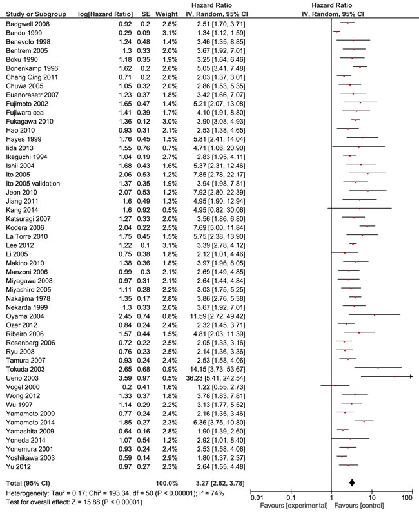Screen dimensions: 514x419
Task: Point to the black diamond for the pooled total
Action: click(x=352, y=482)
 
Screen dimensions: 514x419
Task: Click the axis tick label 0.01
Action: click(x=257, y=497)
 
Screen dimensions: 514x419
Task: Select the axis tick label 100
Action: click(x=406, y=497)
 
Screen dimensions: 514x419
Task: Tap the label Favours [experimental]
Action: click(x=291, y=506)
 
